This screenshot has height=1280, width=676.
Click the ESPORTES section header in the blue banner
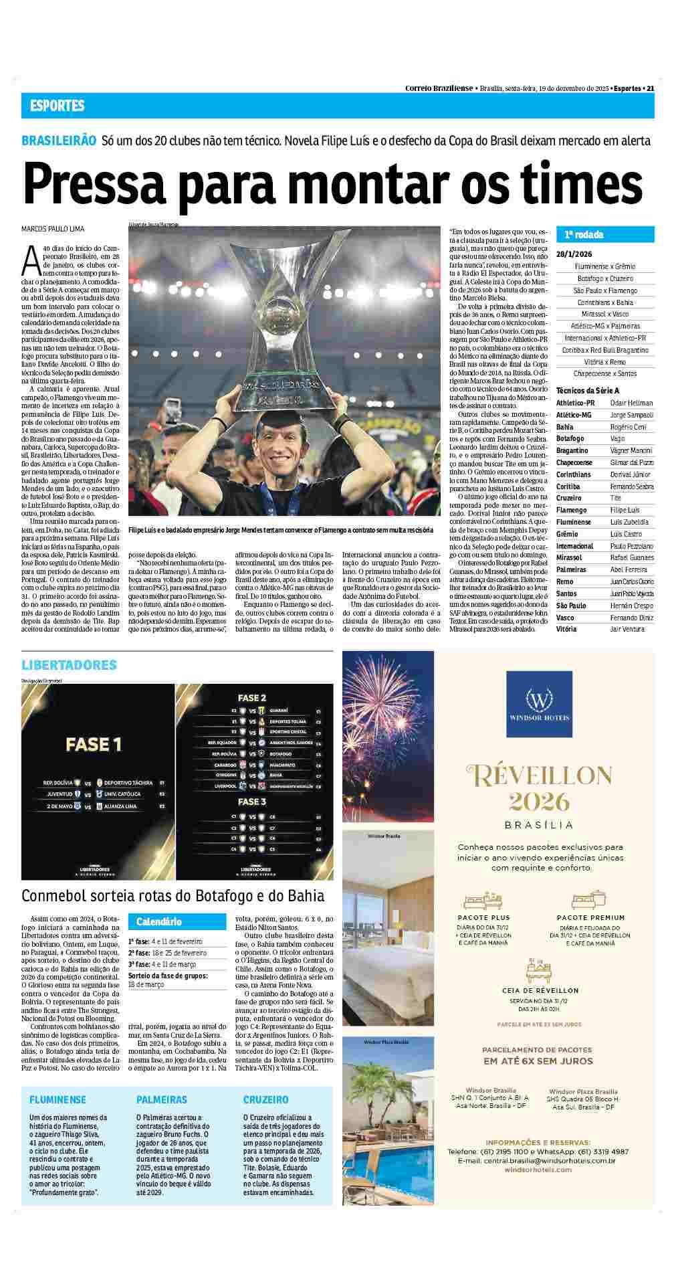[57, 106]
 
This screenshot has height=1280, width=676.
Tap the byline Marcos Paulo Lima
[53, 229]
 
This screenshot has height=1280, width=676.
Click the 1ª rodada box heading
[584, 235]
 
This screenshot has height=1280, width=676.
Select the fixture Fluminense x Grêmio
[604, 266]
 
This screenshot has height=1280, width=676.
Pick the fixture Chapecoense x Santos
[604, 373]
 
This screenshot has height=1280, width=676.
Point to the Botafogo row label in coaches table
[570, 438]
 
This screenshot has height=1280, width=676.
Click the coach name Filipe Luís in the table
[625, 510]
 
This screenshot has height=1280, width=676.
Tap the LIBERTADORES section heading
[69, 665]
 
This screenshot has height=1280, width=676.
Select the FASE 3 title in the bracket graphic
[252, 801]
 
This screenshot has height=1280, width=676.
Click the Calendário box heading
[159, 921]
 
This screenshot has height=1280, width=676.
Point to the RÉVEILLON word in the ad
[538, 777]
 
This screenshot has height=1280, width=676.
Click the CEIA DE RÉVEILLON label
[540, 990]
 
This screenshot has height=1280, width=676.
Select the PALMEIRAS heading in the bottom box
[162, 1099]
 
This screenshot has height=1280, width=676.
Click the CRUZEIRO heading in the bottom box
[265, 1099]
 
